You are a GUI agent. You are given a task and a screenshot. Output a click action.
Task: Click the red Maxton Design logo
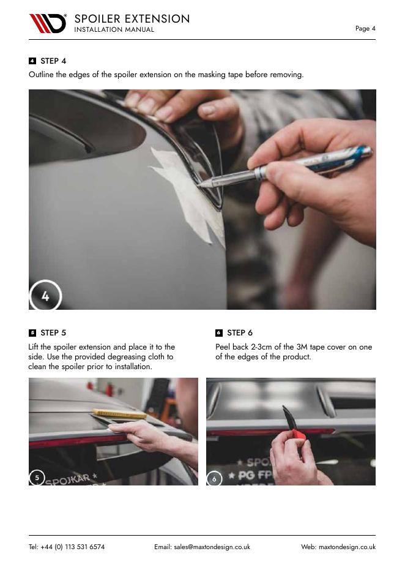(48, 23)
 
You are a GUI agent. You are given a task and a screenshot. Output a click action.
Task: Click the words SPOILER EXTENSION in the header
(132, 19)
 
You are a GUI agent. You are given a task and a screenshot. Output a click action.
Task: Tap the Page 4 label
(365, 29)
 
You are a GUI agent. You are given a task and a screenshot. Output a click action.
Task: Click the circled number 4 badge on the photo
(45, 295)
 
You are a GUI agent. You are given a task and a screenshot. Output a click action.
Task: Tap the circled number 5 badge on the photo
(37, 478)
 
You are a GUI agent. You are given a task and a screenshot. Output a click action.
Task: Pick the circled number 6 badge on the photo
(214, 479)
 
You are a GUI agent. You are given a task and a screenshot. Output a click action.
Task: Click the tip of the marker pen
(199, 185)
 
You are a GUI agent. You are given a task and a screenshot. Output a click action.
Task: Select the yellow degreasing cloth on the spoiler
(119, 414)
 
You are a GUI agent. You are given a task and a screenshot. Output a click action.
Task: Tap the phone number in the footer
(67, 547)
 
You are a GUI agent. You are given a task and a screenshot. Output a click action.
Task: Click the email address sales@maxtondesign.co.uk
(212, 547)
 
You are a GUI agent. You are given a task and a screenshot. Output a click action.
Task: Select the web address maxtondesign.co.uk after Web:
(347, 547)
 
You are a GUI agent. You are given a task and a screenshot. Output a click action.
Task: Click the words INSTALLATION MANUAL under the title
(114, 29)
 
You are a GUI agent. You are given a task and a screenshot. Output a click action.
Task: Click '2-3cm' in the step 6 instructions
(261, 347)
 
